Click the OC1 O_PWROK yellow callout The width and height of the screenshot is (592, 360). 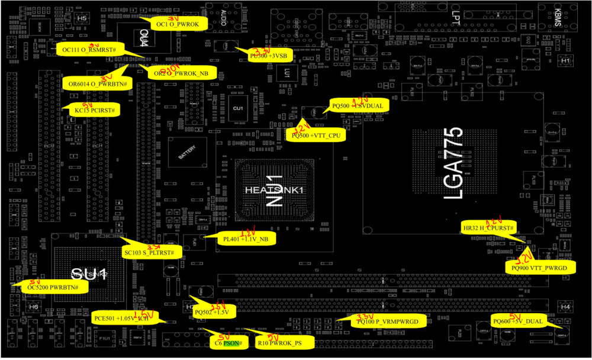coord(180,25)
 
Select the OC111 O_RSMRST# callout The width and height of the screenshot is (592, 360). coord(89,50)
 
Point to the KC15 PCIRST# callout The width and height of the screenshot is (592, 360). coord(94,111)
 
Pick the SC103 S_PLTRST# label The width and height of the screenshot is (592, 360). coord(149,253)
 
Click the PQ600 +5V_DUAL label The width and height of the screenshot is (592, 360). coord(517,321)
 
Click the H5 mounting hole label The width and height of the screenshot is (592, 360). coord(82,19)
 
